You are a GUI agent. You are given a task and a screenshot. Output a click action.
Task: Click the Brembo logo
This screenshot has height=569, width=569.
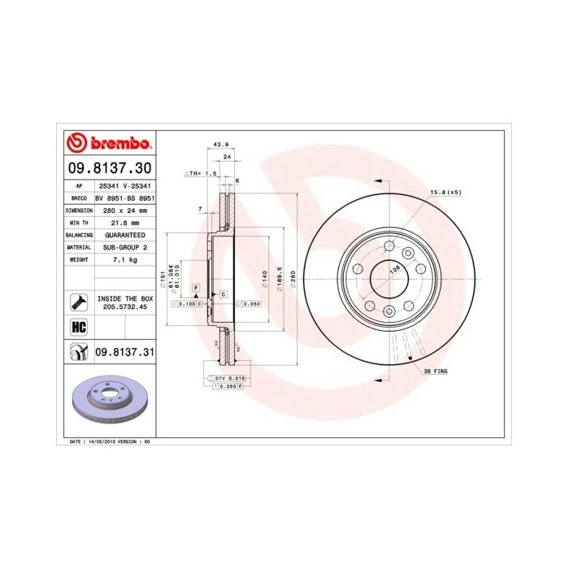(108, 144)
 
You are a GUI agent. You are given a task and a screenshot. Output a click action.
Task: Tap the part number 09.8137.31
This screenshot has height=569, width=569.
(124, 352)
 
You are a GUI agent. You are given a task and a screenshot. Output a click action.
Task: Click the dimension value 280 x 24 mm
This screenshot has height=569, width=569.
(124, 210)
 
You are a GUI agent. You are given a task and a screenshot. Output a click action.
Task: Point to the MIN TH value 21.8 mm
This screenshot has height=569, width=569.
(124, 222)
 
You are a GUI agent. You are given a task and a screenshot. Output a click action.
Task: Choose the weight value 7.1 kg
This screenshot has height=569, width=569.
(124, 259)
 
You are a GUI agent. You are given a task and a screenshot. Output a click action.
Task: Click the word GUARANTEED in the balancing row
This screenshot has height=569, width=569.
(124, 234)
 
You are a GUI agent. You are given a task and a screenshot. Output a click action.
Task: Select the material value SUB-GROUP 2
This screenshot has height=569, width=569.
(124, 246)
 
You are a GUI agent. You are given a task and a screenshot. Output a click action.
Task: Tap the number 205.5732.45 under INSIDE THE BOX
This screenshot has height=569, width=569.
(124, 308)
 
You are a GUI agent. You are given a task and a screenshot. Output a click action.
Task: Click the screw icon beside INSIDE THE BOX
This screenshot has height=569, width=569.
(78, 303)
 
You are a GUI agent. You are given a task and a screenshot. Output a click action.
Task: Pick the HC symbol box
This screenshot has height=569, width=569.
(78, 328)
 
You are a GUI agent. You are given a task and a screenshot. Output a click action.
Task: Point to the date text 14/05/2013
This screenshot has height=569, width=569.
(100, 441)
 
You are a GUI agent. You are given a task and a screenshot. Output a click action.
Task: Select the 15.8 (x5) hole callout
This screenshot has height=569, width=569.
(445, 192)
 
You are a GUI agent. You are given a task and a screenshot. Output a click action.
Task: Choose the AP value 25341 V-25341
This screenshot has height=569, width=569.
(124, 185)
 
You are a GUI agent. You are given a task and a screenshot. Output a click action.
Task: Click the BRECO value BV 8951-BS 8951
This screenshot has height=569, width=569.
(124, 198)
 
